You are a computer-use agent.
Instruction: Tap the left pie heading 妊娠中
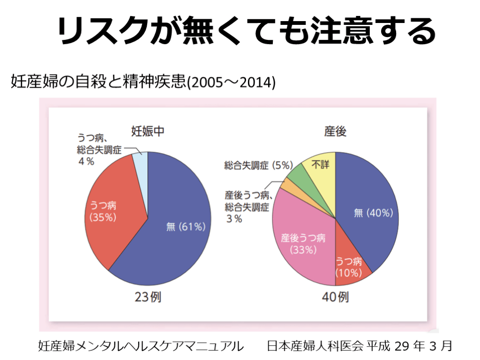(147, 132)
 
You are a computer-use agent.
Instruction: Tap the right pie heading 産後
(335, 132)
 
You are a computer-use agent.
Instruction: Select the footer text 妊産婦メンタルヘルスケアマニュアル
(141, 346)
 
